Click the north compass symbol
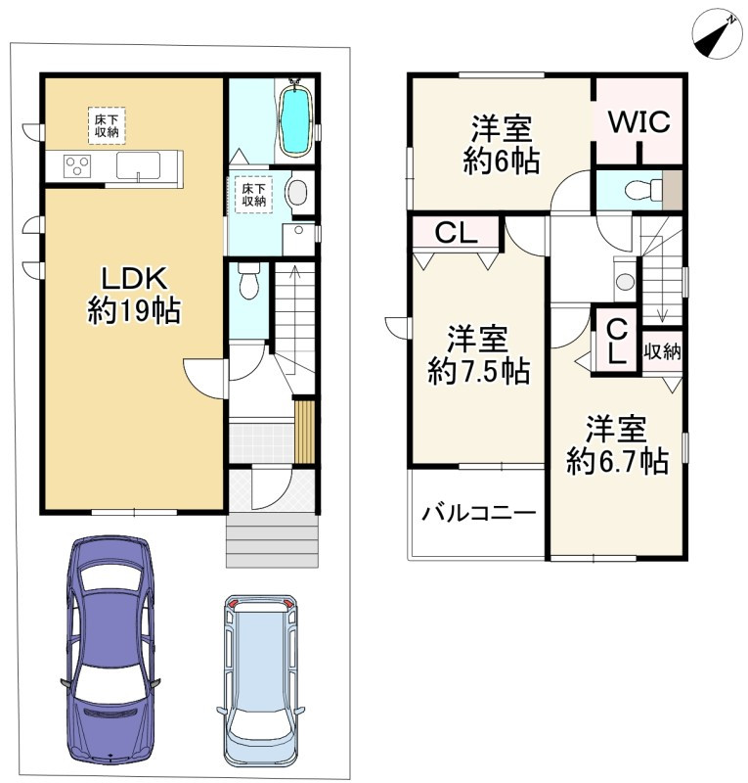point(717,33)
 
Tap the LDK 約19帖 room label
point(134,295)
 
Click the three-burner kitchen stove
point(77,165)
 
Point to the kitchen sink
point(138,165)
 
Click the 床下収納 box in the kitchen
point(107,126)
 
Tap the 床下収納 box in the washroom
point(254,195)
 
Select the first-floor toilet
point(249,280)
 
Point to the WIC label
point(639,121)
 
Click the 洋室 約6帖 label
point(502,144)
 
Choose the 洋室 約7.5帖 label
point(478,354)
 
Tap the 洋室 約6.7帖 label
point(617,444)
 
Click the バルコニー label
point(478,513)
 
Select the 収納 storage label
point(662,351)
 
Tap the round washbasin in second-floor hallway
point(625,281)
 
